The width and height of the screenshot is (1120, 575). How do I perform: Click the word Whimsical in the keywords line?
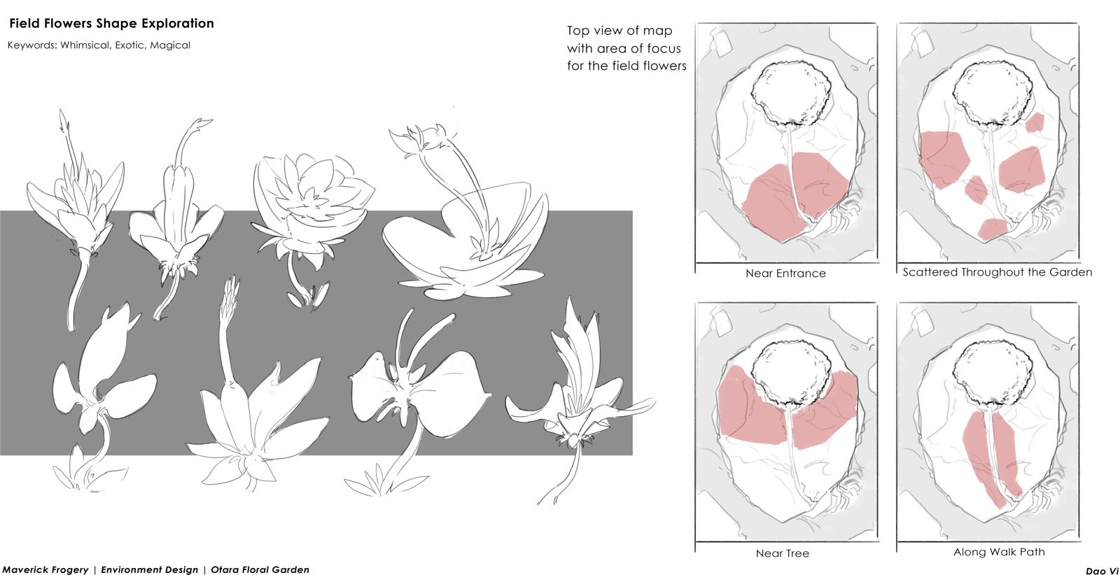click(x=83, y=45)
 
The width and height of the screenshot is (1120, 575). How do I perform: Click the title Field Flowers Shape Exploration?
click(x=111, y=24)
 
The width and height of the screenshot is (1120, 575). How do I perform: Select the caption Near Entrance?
click(x=785, y=274)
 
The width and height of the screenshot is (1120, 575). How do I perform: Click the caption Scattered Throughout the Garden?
click(x=997, y=272)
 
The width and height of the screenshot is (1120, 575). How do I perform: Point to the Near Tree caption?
click(x=783, y=553)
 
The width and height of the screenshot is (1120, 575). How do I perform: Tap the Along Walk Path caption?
click(x=999, y=552)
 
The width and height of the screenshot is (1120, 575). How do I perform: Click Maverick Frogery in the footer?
click(x=45, y=570)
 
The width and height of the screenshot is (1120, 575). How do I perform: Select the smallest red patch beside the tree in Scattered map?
click(x=1035, y=123)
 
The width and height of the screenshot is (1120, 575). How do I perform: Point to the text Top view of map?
click(x=619, y=31)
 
